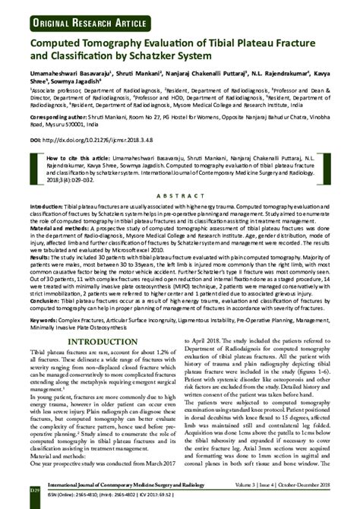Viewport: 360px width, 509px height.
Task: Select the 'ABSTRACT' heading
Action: click(181, 193)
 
